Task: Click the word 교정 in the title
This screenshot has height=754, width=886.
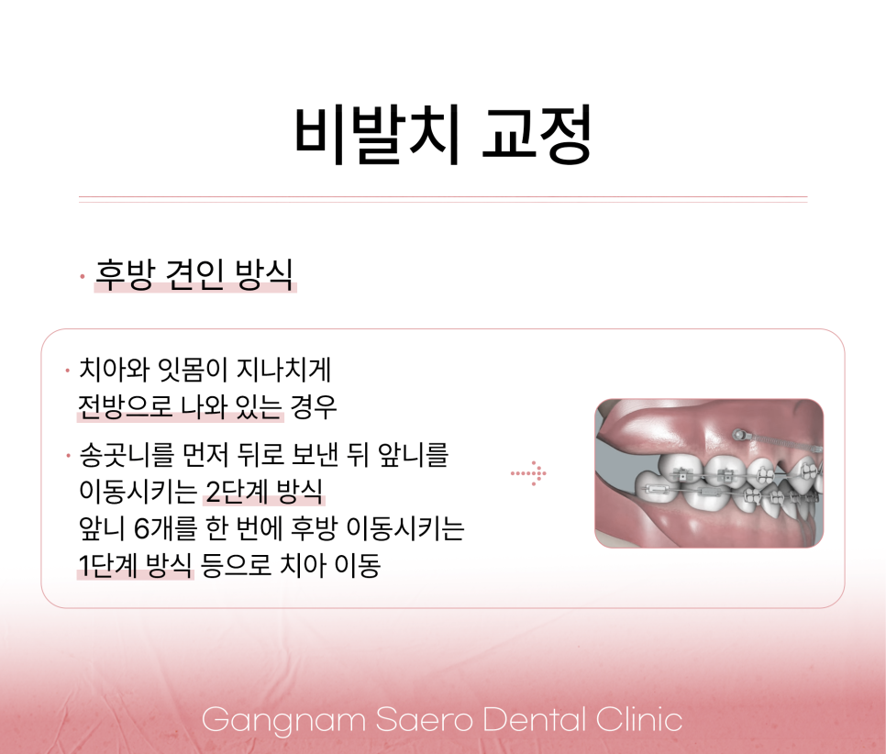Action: tap(537, 136)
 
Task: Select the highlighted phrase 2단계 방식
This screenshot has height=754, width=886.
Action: tap(263, 493)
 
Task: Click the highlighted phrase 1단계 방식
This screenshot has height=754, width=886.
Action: tap(136, 566)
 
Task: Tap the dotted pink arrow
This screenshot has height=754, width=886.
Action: tap(529, 473)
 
